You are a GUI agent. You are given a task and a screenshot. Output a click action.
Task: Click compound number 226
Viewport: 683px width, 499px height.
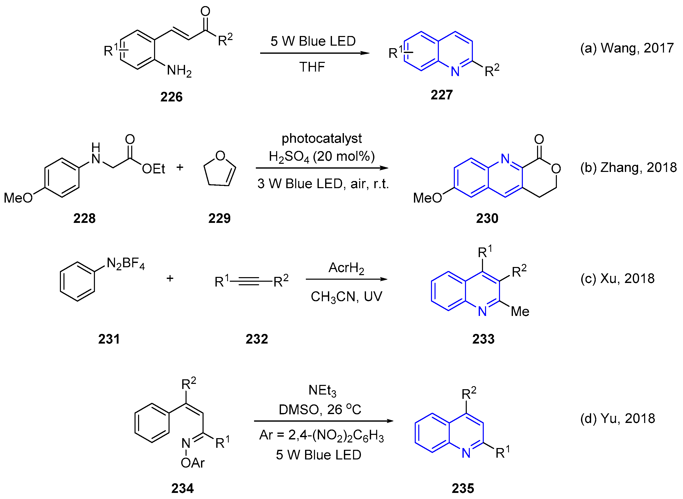click(171, 97)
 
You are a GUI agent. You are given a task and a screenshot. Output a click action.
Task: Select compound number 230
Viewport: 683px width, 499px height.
click(487, 218)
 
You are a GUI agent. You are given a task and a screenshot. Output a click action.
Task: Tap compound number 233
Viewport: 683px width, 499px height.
click(483, 339)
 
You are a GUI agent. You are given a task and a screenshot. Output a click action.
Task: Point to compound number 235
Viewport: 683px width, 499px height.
click(463, 488)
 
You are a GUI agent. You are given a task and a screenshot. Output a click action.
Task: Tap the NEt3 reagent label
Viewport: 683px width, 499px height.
click(322, 390)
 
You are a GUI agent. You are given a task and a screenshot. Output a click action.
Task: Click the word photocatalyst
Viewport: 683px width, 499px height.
click(321, 138)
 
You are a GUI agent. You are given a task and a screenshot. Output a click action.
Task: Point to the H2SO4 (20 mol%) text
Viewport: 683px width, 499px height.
click(321, 156)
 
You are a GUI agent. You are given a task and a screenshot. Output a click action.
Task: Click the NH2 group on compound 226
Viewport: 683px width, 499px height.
click(179, 71)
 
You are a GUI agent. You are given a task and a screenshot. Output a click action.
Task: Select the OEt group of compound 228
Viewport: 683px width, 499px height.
click(153, 169)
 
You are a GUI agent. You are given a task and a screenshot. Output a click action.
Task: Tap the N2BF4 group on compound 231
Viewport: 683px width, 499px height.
click(125, 264)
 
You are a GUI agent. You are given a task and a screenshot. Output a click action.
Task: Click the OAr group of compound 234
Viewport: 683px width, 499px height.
click(192, 463)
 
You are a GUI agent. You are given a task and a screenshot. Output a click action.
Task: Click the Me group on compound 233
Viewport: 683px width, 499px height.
click(520, 311)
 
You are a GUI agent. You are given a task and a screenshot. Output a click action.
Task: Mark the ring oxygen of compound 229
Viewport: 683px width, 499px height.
click(220, 156)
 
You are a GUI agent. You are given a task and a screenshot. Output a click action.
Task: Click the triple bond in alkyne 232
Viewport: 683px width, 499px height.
click(251, 281)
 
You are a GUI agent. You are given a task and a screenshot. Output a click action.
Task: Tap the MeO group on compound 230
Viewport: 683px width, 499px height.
click(427, 198)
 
